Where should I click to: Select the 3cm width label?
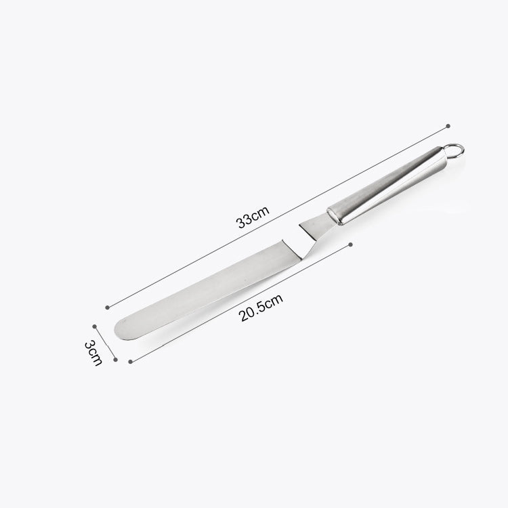click(x=93, y=353)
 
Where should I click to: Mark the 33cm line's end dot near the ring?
click(x=448, y=125)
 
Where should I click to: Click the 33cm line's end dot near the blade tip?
click(x=108, y=308)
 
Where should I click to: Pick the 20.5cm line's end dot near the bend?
click(x=350, y=244)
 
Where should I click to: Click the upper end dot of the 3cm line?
click(x=96, y=325)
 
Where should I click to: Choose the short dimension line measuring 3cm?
click(x=106, y=343)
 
